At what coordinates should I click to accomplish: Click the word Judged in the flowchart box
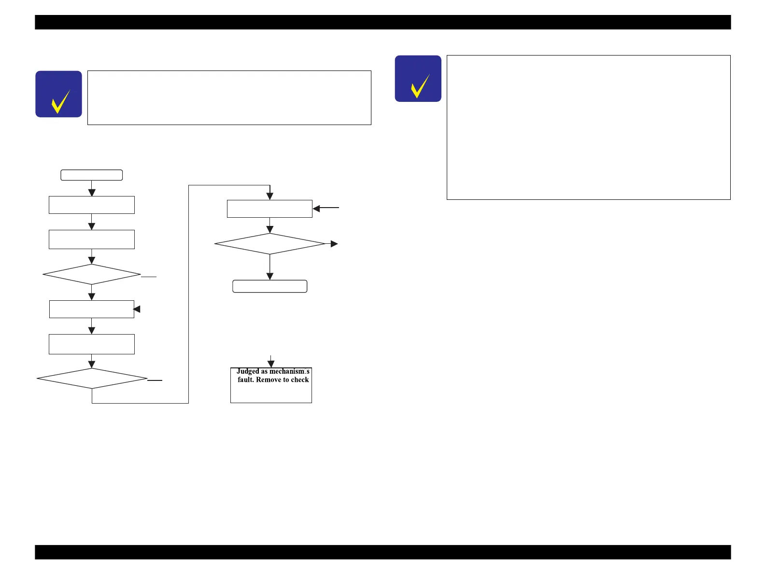[248, 371]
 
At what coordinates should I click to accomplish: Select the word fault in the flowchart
[246, 380]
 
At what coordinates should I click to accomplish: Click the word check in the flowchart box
[299, 380]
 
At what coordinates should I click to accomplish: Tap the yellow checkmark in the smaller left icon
[60, 101]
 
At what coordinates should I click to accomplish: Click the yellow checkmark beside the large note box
[420, 86]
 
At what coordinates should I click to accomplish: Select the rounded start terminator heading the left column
[92, 175]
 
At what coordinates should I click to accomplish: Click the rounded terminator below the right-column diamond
[270, 286]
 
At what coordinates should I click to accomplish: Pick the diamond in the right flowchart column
[270, 244]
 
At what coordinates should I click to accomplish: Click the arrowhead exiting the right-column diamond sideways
[334, 244]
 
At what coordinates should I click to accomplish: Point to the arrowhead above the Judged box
[271, 364]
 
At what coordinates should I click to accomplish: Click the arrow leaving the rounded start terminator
[92, 189]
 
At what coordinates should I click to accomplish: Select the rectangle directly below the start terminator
[92, 205]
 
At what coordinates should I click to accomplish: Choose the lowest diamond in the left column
[92, 379]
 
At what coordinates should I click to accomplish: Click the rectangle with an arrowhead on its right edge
[92, 309]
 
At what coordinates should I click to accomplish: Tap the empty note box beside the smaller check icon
[229, 98]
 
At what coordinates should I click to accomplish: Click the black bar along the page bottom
[382, 552]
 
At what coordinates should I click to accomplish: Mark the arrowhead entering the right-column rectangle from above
[270, 196]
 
